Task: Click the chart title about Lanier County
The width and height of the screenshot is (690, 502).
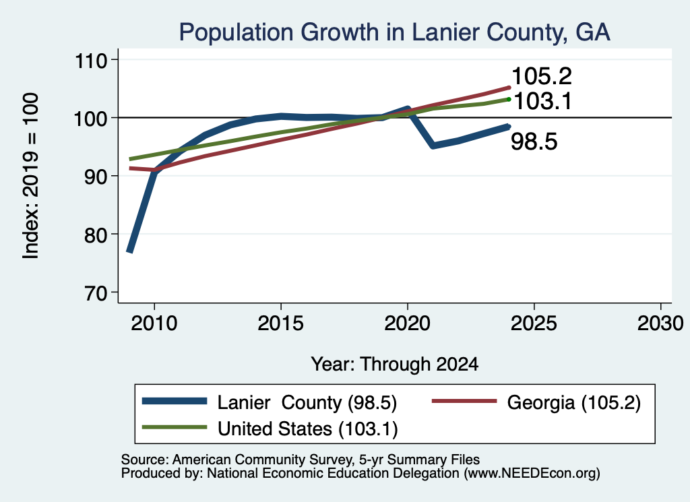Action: [x=394, y=32]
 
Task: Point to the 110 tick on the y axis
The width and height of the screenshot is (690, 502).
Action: [x=91, y=60]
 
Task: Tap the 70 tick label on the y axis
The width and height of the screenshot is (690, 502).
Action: [x=96, y=292]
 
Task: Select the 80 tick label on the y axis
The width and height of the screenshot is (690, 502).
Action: [x=96, y=235]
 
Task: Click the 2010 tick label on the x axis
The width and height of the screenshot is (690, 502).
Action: [x=154, y=323]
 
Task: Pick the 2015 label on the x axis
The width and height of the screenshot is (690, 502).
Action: [x=281, y=323]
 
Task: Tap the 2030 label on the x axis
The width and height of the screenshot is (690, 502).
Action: [x=660, y=323]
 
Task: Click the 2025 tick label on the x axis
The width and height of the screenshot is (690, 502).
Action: [x=534, y=323]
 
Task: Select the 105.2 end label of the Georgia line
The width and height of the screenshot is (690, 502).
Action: [x=542, y=76]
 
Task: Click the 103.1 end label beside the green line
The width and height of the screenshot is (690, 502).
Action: [x=542, y=101]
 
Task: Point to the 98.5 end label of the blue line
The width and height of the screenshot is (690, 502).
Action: [x=534, y=142]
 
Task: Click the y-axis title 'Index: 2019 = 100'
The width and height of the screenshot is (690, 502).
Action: [x=31, y=176]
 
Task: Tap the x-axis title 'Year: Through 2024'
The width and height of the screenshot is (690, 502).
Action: [x=395, y=365]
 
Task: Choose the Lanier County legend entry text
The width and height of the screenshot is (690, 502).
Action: [x=307, y=402]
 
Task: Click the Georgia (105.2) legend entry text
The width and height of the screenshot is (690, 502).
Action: [x=574, y=402]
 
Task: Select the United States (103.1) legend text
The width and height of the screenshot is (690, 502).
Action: [x=307, y=429]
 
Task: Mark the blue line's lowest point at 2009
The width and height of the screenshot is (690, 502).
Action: [x=129, y=251]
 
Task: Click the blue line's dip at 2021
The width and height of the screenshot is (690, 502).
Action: [x=433, y=145]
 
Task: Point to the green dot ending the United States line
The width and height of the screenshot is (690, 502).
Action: [x=509, y=100]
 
